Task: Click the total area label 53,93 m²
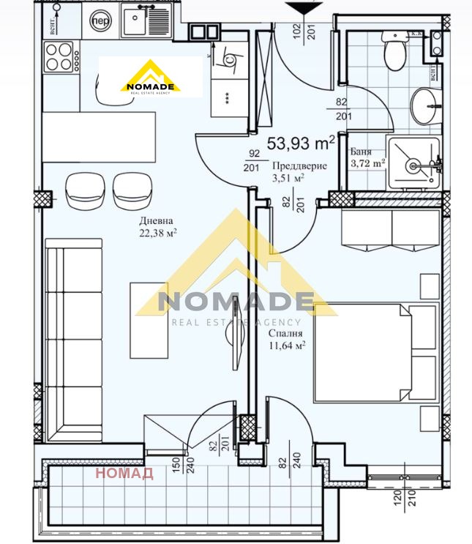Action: coord(301,142)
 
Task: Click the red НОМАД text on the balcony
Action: coord(124,474)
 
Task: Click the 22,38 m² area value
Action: coord(157,233)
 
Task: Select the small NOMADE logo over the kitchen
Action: coord(150,77)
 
